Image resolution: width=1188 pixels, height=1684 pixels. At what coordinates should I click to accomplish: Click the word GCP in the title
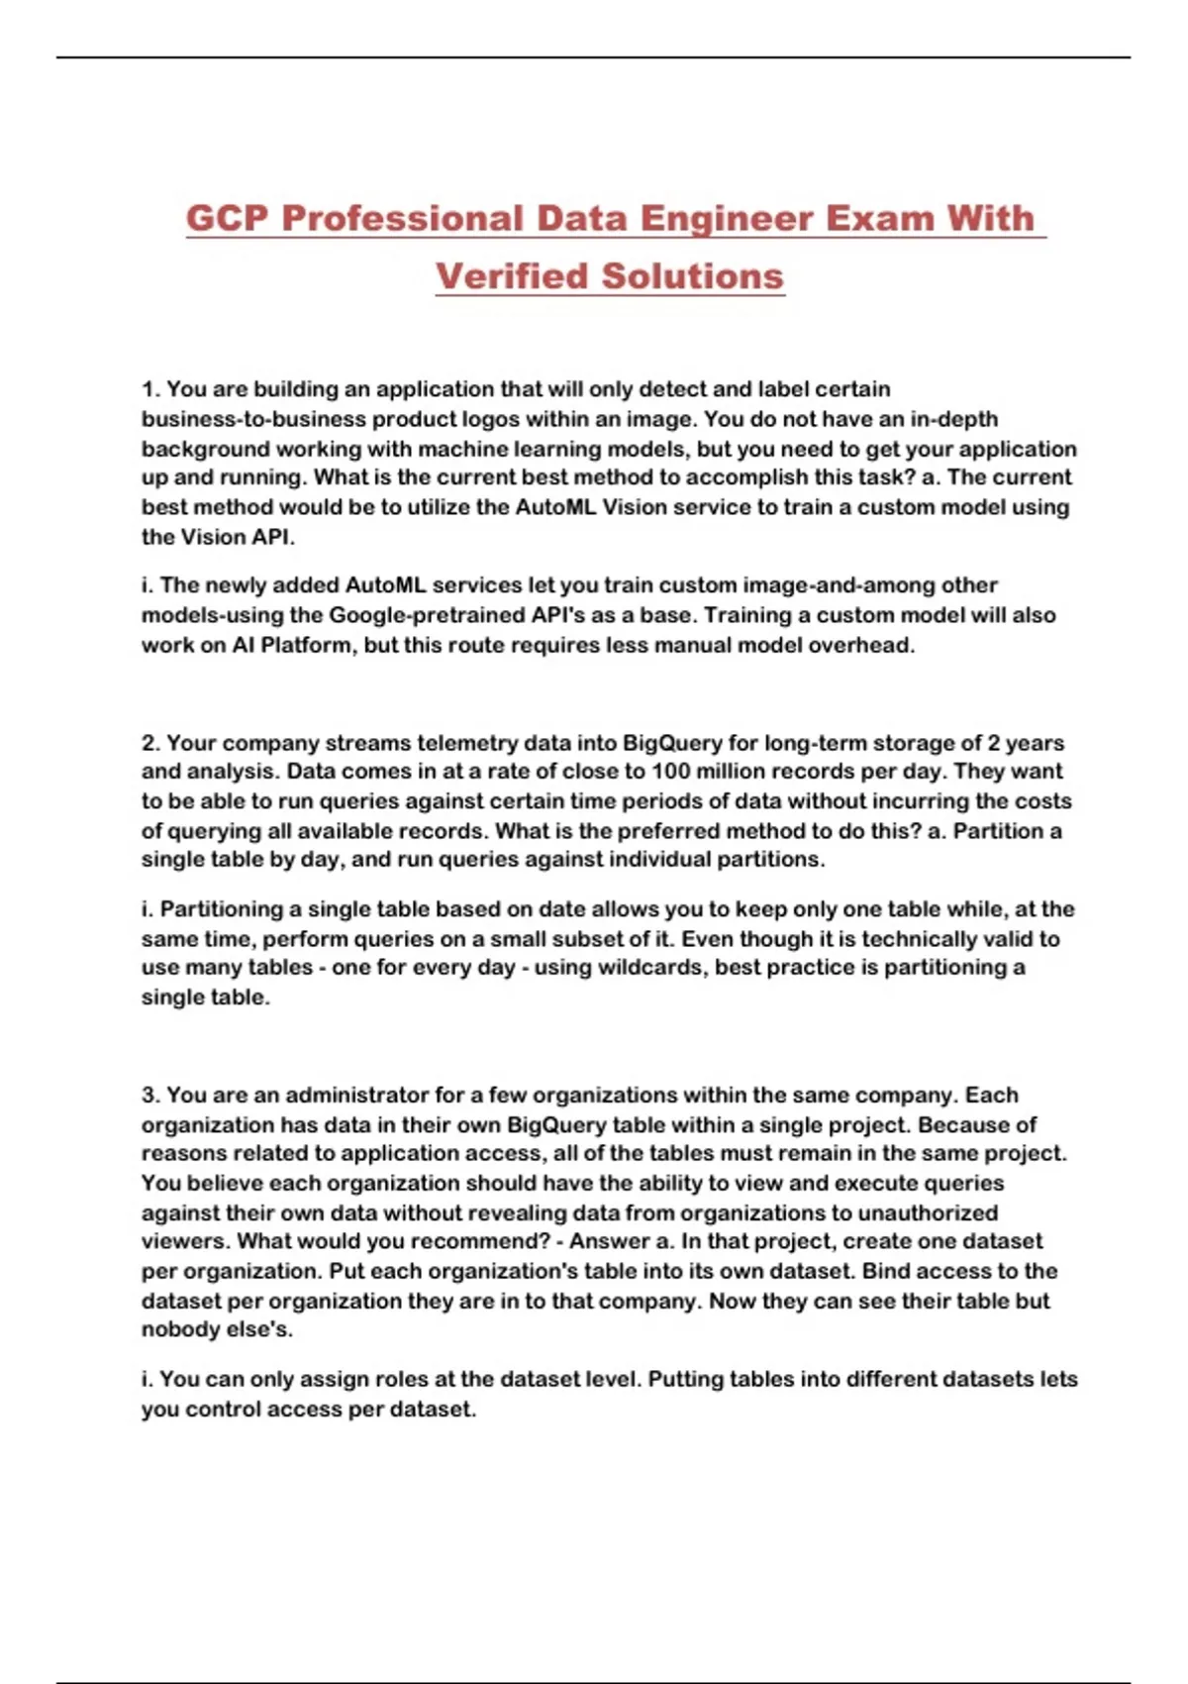227,218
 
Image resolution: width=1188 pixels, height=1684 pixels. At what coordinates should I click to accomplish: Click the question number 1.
150,389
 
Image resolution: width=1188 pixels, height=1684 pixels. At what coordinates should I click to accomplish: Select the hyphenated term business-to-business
253,419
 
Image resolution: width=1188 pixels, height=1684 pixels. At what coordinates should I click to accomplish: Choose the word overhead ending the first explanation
862,645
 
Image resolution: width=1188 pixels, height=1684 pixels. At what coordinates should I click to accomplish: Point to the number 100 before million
670,772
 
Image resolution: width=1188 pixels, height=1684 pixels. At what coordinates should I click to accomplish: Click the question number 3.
150,1096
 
